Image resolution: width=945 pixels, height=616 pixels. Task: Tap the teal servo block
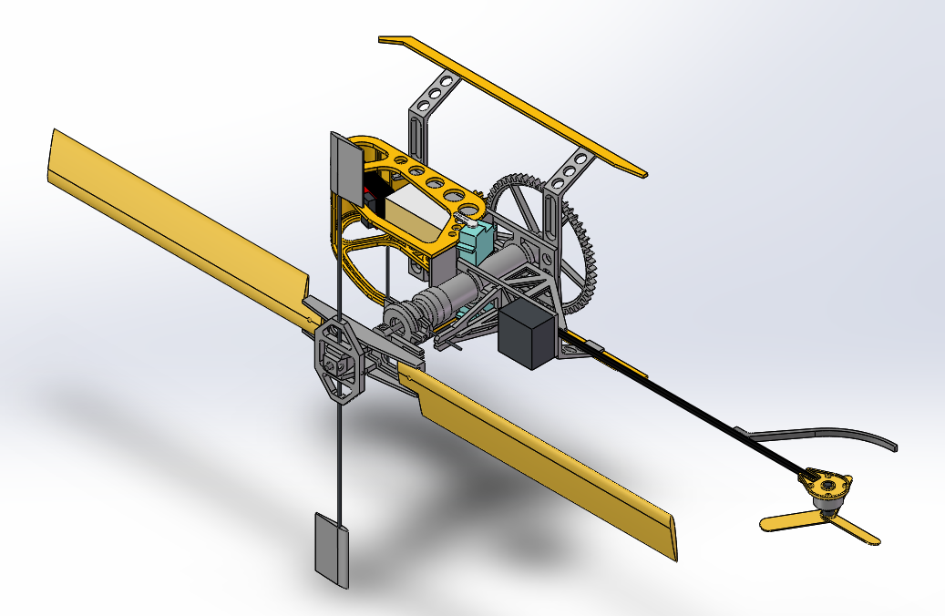(476, 240)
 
